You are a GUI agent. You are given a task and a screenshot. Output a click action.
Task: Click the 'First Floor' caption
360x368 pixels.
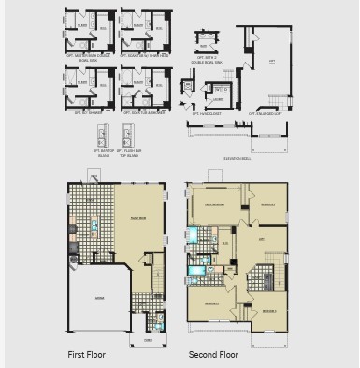(88, 354)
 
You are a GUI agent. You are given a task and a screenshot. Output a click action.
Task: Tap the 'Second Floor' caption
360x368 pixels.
(213, 354)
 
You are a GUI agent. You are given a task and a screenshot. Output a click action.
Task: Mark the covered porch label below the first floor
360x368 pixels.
(148, 340)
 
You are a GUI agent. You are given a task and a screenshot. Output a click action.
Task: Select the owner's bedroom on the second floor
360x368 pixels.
(215, 205)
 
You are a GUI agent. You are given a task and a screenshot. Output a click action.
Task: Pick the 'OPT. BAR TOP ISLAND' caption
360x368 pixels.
(101, 153)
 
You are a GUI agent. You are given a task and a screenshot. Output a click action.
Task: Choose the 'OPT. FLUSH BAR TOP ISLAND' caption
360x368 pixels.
(131, 153)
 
